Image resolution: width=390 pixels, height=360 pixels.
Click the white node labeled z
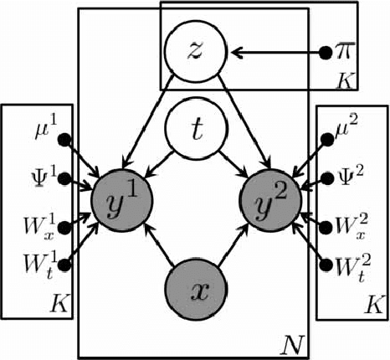click(194, 52)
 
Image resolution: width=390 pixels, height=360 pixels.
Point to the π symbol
click(343, 53)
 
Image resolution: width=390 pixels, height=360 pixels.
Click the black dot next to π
click(324, 53)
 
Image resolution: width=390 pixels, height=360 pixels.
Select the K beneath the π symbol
click(344, 81)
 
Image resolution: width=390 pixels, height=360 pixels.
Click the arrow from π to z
click(276, 53)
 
